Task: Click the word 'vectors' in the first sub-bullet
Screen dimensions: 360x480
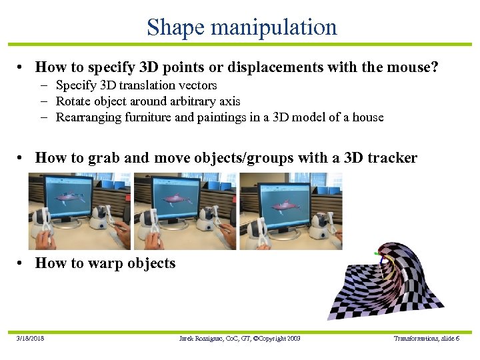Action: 198,85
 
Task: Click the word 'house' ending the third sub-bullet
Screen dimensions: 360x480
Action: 368,117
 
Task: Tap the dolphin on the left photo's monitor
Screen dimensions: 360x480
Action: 69,197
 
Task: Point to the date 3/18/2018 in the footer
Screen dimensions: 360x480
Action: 31,339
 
